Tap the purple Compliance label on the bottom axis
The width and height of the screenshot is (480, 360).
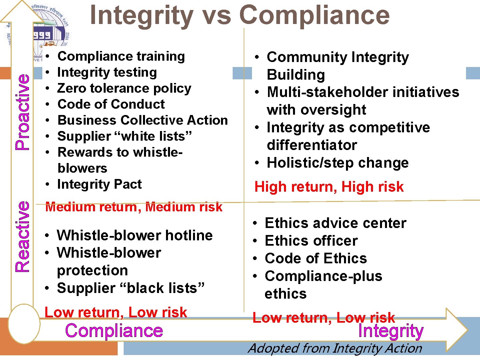coord(114,331)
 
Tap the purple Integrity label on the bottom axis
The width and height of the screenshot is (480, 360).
coord(391,331)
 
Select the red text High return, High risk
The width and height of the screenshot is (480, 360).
coord(329,187)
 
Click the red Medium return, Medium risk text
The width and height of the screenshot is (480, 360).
coord(134,207)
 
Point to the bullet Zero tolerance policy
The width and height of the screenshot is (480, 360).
coord(124,88)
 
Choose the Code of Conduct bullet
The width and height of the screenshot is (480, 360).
coord(111,104)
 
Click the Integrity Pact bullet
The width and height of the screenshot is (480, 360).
coord(99,184)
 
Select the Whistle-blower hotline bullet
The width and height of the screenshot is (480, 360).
coord(135,235)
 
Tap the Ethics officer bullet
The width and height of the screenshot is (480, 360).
coord(311,241)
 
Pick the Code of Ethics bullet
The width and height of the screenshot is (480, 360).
coord(316,258)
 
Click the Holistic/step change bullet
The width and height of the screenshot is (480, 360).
coord(338,163)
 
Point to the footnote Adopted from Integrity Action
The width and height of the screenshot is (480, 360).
coord(335,348)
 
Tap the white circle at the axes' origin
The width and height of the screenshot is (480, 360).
coord(24,323)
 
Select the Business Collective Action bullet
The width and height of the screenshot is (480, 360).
coord(143,120)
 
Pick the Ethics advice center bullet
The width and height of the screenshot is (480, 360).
coord(335,223)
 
